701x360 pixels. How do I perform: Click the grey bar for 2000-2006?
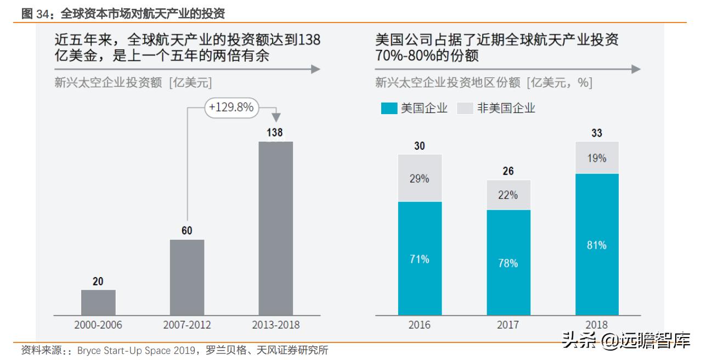98,302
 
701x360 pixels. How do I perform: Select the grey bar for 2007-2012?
187,277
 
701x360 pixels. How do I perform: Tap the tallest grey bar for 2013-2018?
275,228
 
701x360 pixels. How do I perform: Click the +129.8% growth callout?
231,108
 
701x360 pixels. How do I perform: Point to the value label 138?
275,133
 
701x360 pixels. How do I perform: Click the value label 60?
187,230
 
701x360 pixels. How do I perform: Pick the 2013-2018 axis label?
275,325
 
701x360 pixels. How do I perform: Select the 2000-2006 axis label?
98,325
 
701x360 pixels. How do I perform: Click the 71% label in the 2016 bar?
420,259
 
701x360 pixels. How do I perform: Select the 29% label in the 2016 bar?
420,178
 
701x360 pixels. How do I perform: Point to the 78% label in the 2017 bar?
508,263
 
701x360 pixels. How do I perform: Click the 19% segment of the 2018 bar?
597,158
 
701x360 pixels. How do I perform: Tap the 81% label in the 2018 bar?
597,245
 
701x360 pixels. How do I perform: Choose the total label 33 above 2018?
597,133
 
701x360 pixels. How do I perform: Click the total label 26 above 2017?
508,171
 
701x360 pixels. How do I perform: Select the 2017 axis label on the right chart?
508,325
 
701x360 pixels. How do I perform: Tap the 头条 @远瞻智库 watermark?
625,341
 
